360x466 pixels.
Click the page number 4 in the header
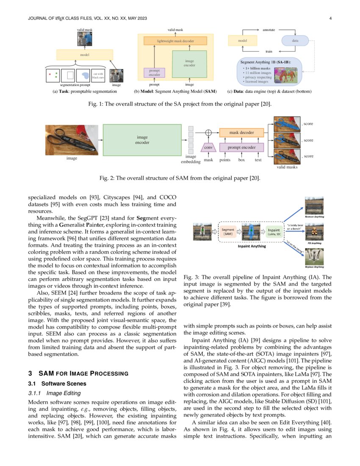click(330, 18)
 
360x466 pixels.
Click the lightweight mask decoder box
click(175, 41)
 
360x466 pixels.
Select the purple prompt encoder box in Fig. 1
click(151, 72)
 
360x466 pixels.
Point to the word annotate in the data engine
click(269, 30)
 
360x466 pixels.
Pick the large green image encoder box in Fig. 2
click(142, 140)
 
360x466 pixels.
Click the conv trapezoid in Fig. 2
click(208, 148)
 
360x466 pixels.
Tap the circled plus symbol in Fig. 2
click(208, 133)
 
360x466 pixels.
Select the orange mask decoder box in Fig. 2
click(241, 133)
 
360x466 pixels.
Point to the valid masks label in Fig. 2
click(287, 167)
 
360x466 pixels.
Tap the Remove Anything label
click(314, 216)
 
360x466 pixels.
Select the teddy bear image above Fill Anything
click(314, 232)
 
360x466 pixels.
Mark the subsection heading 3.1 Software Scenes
click(57, 383)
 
